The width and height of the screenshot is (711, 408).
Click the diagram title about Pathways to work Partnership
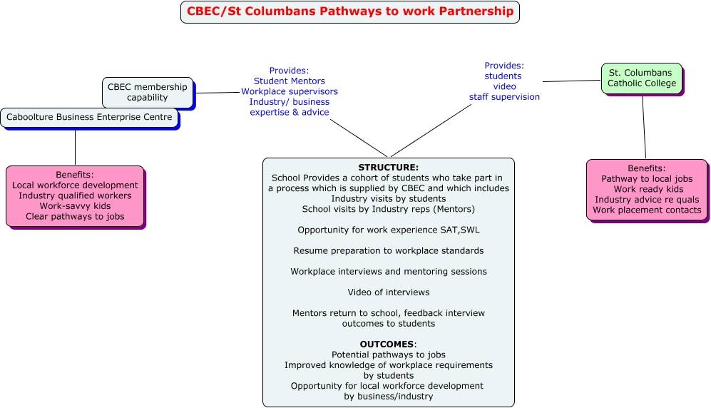coord(349,11)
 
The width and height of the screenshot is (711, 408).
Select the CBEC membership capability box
coord(147,92)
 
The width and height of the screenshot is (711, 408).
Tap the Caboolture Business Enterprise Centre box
coord(89,117)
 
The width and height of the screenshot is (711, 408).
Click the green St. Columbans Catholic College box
coord(641,78)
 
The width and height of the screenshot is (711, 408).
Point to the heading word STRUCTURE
coord(388,168)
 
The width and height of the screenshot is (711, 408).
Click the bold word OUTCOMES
coord(387,344)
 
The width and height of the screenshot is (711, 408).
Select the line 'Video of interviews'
coord(388,292)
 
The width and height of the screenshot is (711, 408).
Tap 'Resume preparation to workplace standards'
coord(388,250)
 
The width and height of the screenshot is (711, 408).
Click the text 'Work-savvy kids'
coord(75,205)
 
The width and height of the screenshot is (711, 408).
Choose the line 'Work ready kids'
coord(648,189)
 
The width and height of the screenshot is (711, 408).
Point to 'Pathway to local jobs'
coord(646,179)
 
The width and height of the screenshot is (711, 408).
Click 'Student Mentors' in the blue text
coord(289,81)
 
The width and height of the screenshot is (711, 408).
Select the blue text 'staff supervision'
coord(504,97)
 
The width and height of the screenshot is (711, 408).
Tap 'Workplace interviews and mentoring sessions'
coord(388,271)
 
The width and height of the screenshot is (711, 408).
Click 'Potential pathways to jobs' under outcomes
coord(388,355)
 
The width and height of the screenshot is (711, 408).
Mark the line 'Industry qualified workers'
coord(75,195)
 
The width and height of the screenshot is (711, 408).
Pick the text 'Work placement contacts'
coord(646,210)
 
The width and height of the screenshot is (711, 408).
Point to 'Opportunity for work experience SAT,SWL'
coord(388,230)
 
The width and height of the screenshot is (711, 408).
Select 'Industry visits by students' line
coord(388,198)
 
